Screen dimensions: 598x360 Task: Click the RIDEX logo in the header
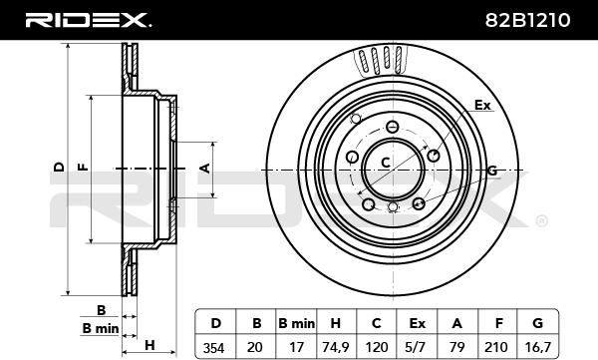pyautogui.click(x=88, y=20)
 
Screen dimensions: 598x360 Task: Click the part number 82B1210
pyautogui.click(x=527, y=20)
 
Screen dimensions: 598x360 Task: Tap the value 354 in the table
pyautogui.click(x=213, y=347)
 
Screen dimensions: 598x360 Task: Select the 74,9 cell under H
pyautogui.click(x=336, y=347)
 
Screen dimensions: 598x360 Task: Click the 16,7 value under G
pyautogui.click(x=538, y=347)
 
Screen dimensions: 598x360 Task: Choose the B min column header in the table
pyautogui.click(x=296, y=324)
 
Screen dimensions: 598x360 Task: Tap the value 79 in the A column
pyautogui.click(x=456, y=347)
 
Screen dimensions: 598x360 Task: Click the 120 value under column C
pyautogui.click(x=377, y=347)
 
